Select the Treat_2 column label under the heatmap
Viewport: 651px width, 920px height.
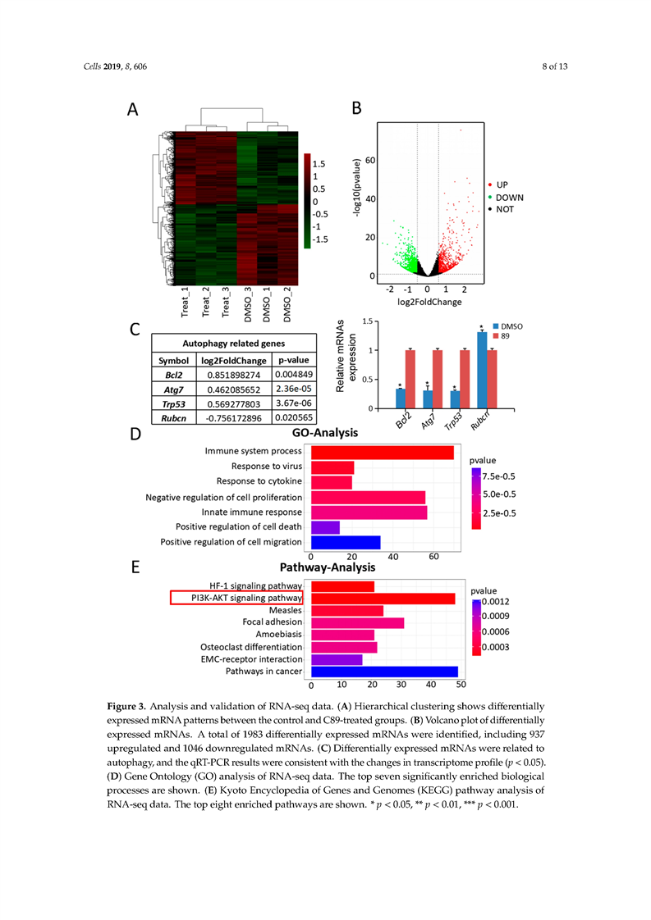(x=206, y=301)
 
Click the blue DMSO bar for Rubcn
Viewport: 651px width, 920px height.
(x=482, y=370)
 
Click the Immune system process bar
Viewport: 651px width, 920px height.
(x=383, y=452)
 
